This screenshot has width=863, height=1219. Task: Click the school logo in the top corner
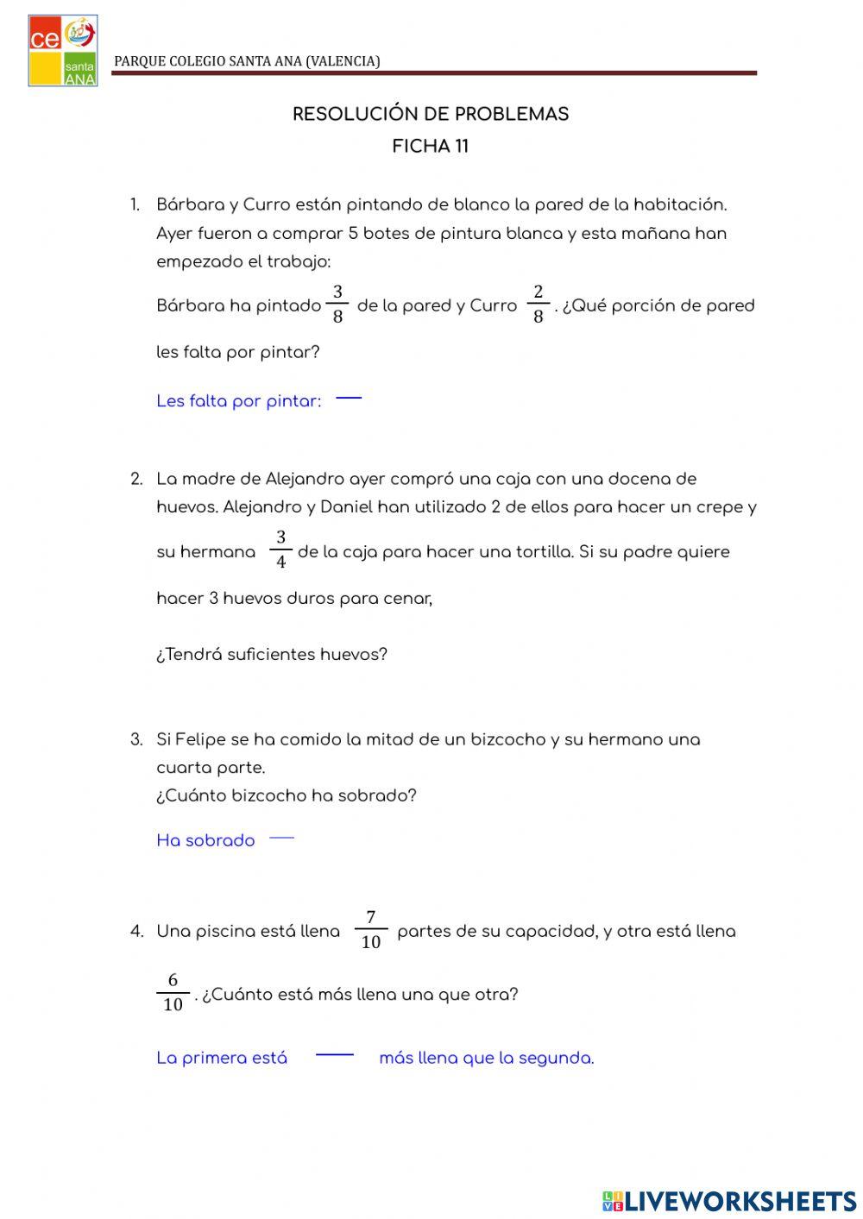[62, 50]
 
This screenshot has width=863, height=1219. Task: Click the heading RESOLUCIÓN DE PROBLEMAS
[431, 115]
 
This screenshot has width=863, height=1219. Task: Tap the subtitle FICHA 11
[431, 147]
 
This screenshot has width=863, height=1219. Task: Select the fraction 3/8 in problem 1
[337, 305]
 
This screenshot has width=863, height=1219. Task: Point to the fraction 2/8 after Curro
[538, 305]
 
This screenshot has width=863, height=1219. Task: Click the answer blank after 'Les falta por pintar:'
[348, 399]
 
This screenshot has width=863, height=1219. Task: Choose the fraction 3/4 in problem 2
[280, 550]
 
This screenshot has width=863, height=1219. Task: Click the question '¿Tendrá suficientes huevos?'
[272, 655]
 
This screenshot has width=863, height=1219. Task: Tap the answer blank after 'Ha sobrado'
[281, 838]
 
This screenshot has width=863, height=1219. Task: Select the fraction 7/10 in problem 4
[371, 930]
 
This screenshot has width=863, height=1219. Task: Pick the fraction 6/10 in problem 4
[173, 993]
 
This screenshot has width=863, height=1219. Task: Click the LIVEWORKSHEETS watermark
[729, 1201]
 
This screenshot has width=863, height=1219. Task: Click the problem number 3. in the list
[136, 740]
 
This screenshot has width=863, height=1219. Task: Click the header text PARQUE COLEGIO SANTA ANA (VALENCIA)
[247, 61]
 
